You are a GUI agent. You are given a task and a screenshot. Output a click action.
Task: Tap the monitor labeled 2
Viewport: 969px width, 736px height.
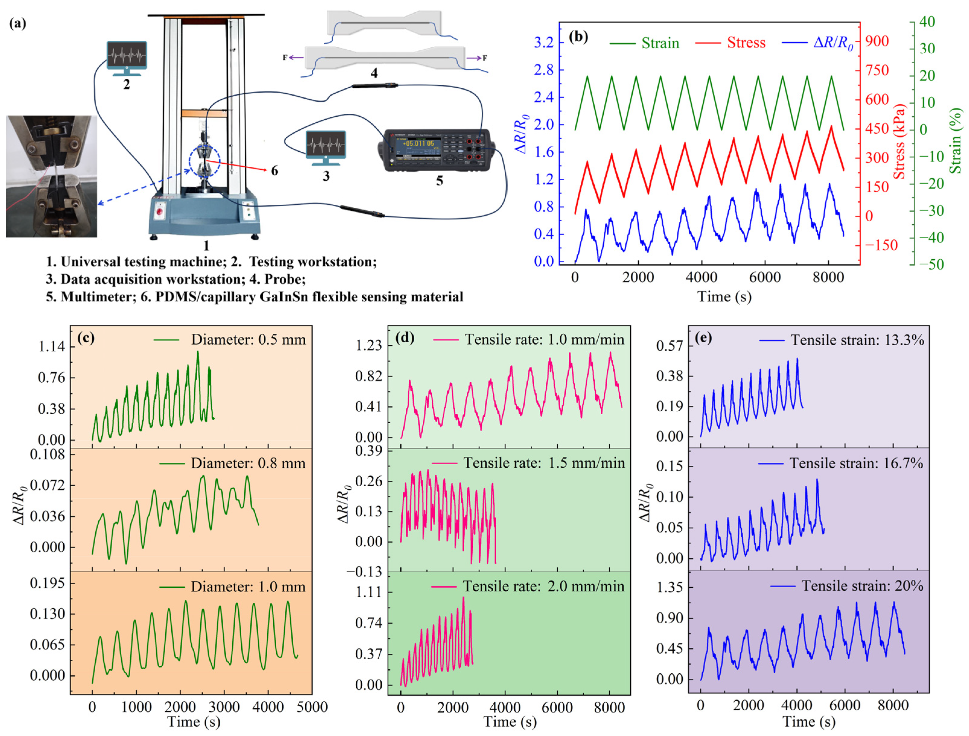127,56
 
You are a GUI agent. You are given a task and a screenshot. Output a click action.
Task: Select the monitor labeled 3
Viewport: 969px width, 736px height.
326,144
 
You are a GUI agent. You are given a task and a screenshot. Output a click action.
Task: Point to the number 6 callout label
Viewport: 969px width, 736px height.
274,171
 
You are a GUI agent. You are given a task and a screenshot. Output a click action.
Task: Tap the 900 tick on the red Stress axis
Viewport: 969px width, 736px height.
877,41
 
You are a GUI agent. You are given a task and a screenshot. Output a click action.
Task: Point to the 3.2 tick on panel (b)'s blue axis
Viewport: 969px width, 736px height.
543,43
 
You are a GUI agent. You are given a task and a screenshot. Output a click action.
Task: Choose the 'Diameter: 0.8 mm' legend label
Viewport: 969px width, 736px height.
248,463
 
